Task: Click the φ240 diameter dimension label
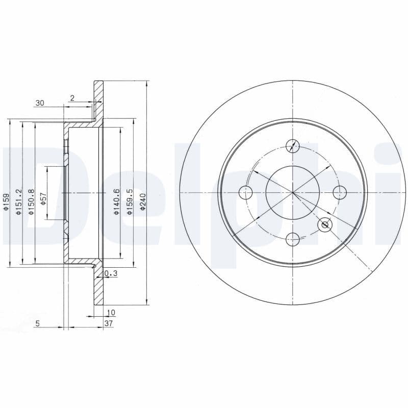click(143, 203)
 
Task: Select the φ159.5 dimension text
click(131, 203)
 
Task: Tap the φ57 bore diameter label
click(43, 199)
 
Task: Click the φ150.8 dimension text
click(32, 202)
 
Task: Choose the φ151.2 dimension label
click(19, 202)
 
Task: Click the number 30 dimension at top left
click(40, 103)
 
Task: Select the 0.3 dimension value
click(111, 274)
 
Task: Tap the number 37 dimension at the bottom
click(109, 323)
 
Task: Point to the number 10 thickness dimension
click(111, 312)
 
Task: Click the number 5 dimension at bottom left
click(38, 323)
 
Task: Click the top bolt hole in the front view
click(293, 145)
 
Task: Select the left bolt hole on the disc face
click(246, 192)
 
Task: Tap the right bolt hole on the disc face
click(340, 192)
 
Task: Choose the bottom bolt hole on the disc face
click(293, 239)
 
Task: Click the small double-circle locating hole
click(324, 225)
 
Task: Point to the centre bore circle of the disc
click(293, 192)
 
